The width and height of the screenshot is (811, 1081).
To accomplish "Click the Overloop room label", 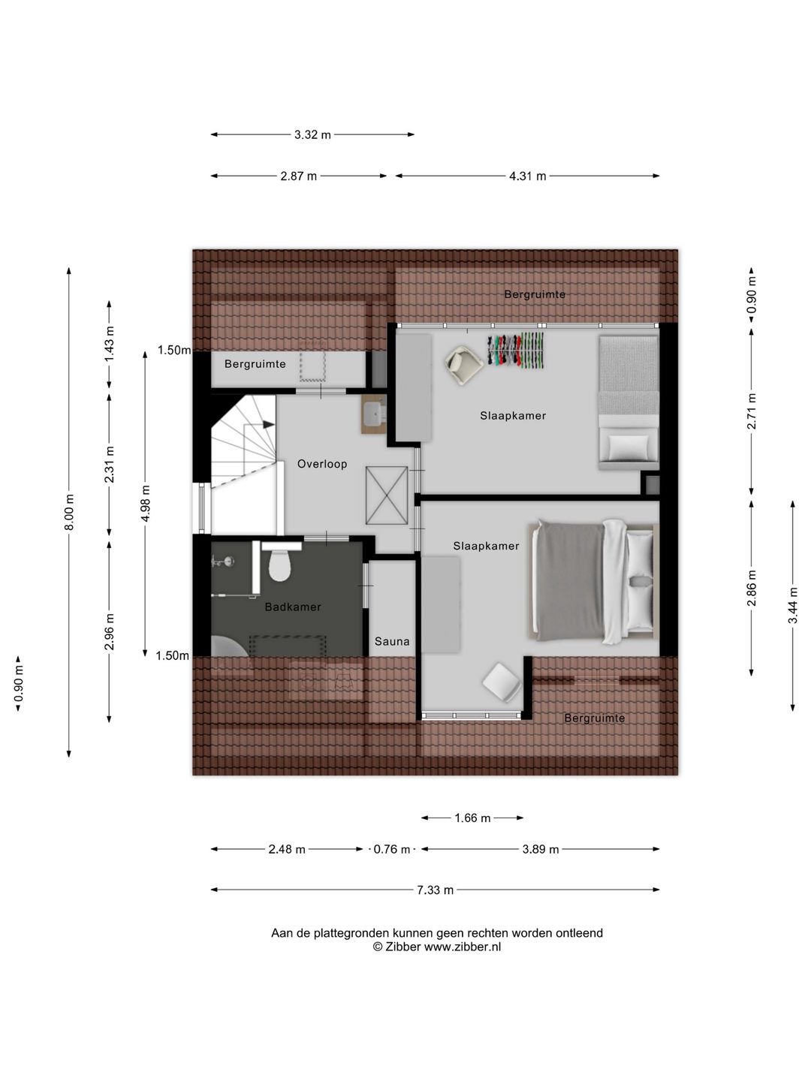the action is click(x=322, y=464).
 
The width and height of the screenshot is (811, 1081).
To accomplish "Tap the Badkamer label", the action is click(x=293, y=607).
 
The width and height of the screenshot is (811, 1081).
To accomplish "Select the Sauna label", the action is click(x=392, y=641).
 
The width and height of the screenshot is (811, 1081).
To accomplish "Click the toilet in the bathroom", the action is click(x=279, y=565).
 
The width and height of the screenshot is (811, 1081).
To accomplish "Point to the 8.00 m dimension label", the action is click(x=69, y=512).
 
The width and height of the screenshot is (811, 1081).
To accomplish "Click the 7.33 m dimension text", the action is click(x=436, y=890).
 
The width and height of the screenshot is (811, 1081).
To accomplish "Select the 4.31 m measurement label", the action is click(x=527, y=176).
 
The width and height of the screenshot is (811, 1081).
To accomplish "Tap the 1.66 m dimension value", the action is click(x=472, y=818).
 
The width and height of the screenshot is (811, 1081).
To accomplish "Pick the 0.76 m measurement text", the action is click(x=392, y=849).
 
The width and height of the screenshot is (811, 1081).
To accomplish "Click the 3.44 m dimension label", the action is click(x=793, y=605).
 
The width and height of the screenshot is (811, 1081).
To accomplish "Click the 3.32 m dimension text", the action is click(x=312, y=134).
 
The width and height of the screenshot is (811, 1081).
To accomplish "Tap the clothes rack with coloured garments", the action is click(x=516, y=351).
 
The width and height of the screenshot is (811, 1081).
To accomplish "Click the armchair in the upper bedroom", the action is click(x=464, y=364).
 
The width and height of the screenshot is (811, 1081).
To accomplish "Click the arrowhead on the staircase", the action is click(x=269, y=425).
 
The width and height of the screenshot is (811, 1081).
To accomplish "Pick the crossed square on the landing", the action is click(x=387, y=495).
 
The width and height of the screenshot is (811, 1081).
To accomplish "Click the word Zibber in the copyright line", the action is click(x=402, y=947).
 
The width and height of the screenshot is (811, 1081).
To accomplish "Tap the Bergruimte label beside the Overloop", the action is click(x=255, y=364).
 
